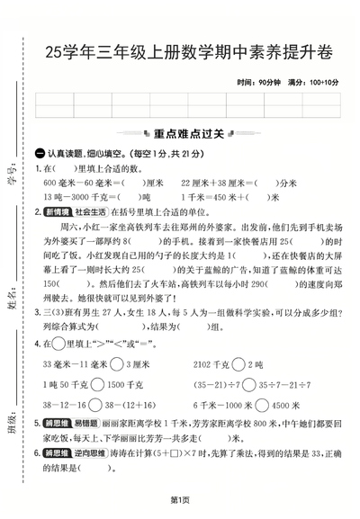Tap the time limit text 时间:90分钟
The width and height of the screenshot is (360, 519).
pos(260,83)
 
